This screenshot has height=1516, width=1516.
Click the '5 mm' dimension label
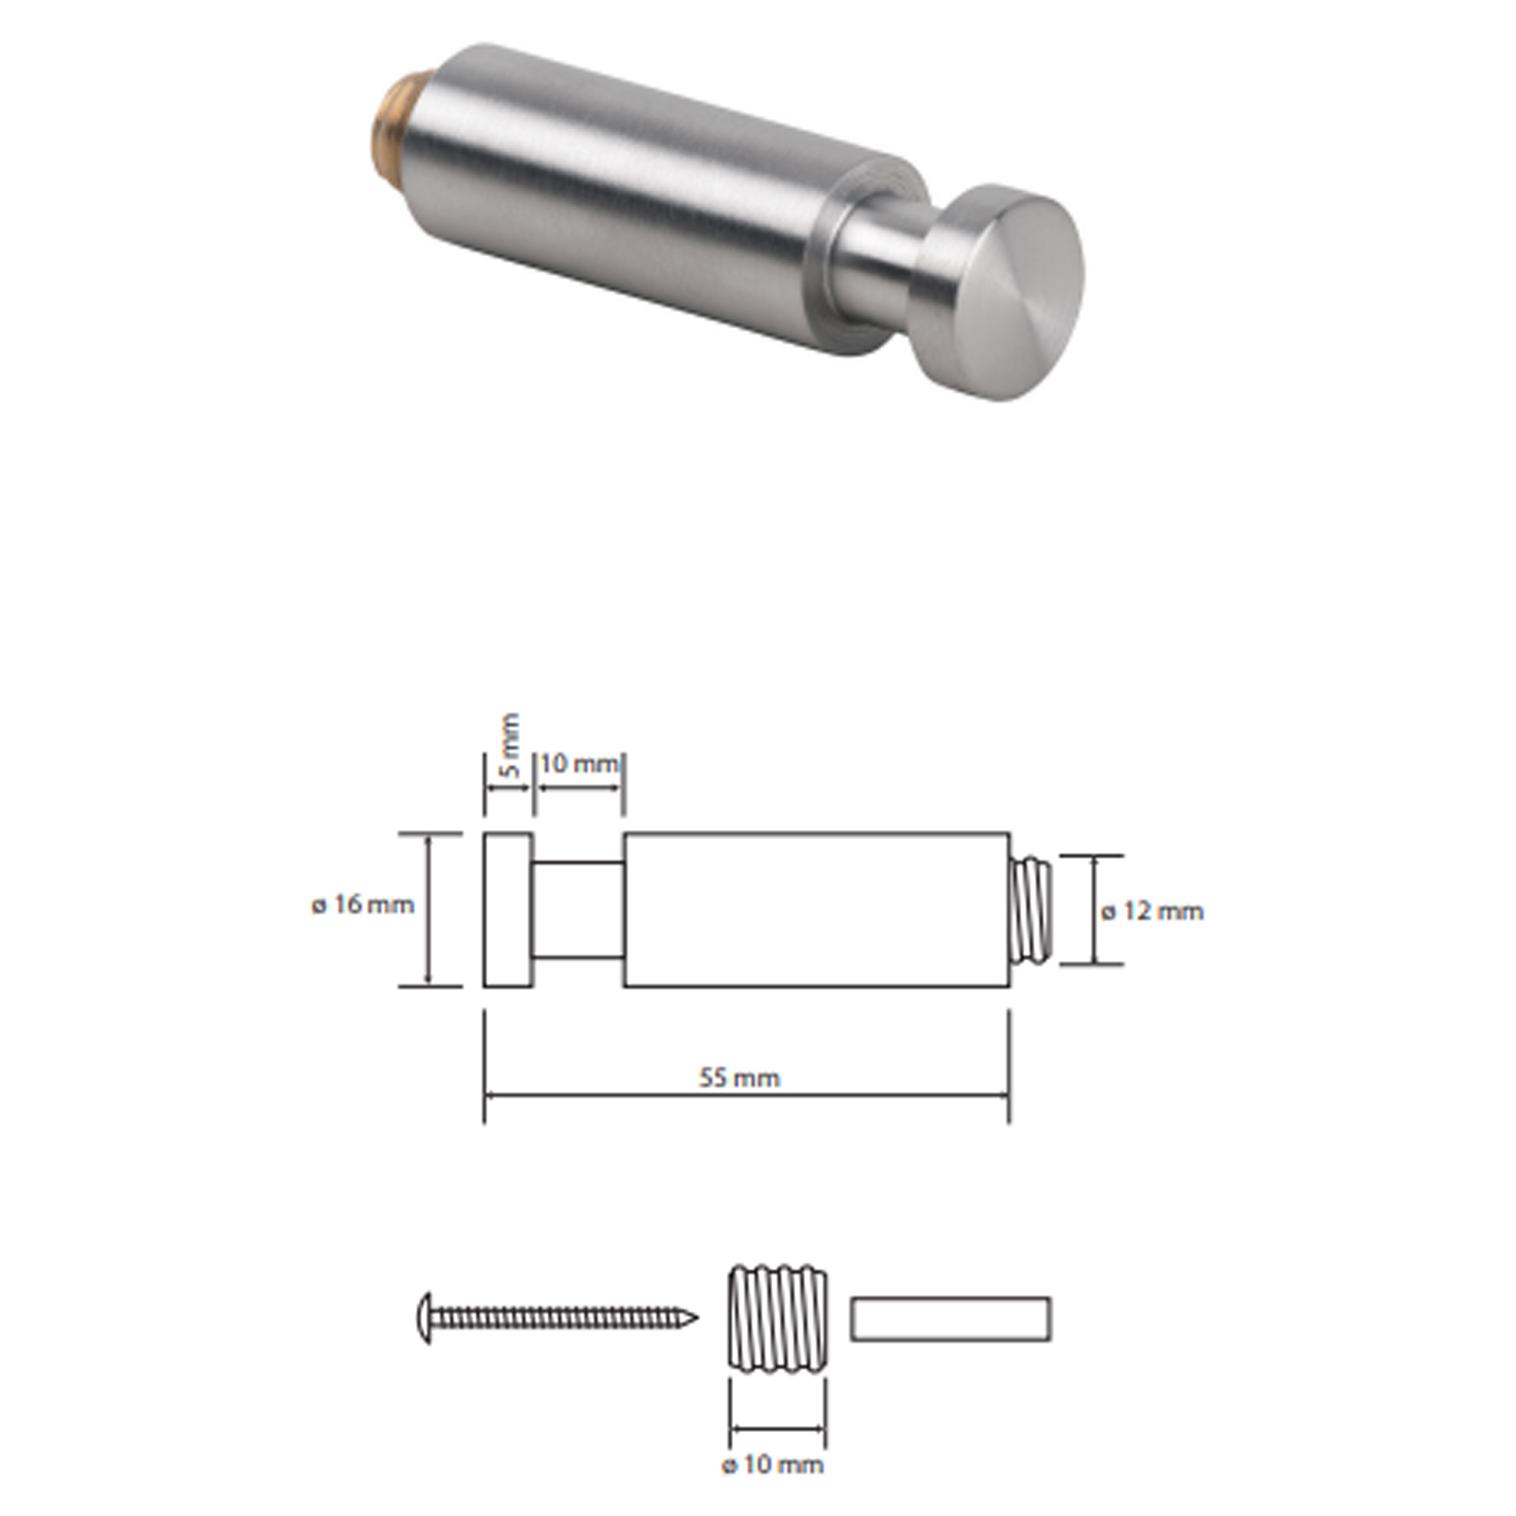[x=510, y=744]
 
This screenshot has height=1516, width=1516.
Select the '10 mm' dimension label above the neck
[x=579, y=763]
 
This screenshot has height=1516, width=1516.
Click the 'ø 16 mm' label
[x=363, y=905]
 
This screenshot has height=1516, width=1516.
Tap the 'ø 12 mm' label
[x=1152, y=912]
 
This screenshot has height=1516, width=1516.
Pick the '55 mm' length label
[x=740, y=1078]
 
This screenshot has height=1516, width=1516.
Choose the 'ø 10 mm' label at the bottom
[x=773, y=1465]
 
